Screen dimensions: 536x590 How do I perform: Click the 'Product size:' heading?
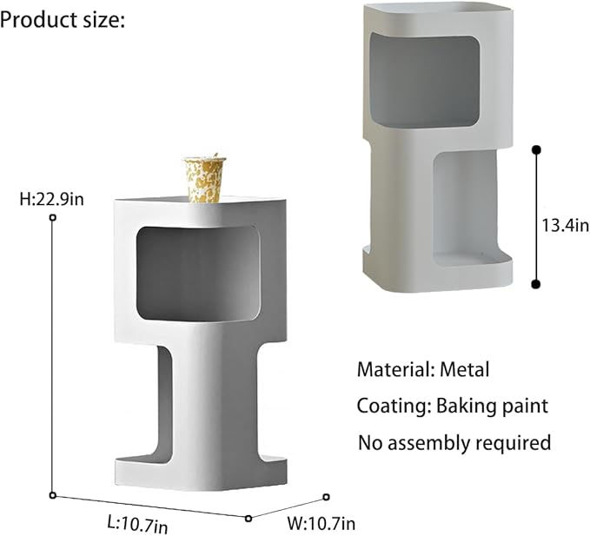[63, 19]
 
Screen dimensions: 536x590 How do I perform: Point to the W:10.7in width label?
[321, 523]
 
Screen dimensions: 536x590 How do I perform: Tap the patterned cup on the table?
[205, 178]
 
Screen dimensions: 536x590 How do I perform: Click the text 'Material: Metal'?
[423, 369]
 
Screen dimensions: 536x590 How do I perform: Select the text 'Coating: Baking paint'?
[453, 406]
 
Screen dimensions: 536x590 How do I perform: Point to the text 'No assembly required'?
[454, 442]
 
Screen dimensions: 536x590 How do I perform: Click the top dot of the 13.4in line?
[536, 150]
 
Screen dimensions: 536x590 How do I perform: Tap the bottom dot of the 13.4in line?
[536, 281]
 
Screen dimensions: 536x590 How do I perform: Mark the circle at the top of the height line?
[53, 218]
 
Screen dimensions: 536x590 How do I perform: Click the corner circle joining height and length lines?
[53, 495]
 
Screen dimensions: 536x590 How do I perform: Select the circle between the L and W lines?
[249, 518]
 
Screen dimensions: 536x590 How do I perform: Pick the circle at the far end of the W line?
[327, 497]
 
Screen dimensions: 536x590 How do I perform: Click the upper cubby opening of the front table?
[199, 271]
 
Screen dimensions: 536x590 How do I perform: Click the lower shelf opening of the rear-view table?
[471, 208]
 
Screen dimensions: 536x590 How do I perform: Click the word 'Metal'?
[465, 369]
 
